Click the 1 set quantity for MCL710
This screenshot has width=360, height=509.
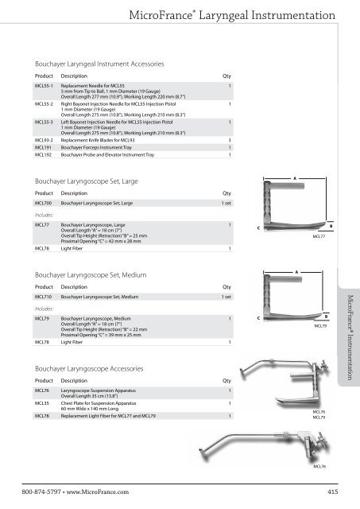(226, 297)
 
